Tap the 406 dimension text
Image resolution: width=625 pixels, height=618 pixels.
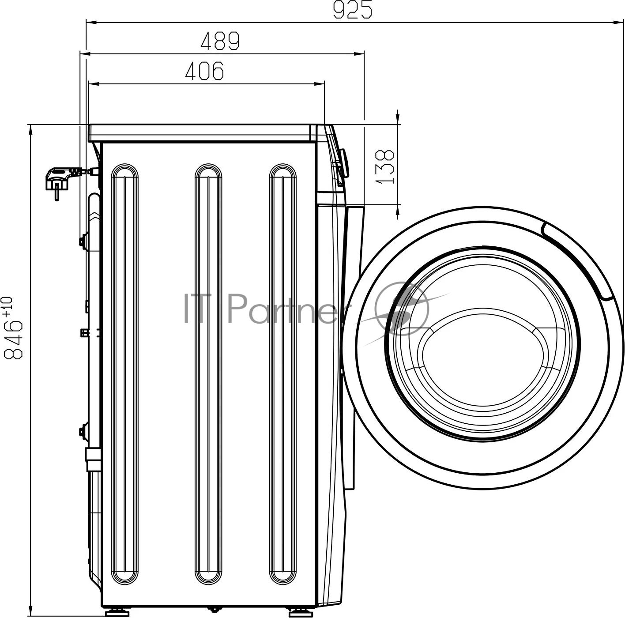click(x=204, y=70)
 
